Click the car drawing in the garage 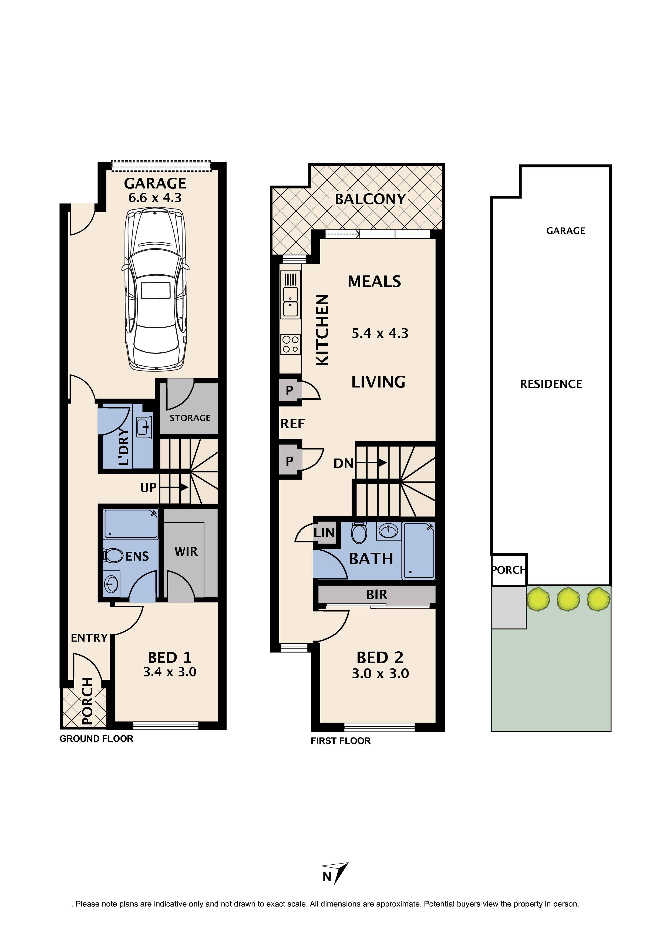(x=156, y=289)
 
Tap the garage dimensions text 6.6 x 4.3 (x=155, y=198)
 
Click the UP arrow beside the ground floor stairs (x=174, y=487)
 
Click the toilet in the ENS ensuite (x=113, y=555)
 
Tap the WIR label (x=186, y=551)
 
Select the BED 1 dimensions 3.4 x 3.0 (x=170, y=672)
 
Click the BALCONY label (x=370, y=199)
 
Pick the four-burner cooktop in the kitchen (x=291, y=344)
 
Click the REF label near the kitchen (x=292, y=424)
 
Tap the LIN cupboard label (x=324, y=533)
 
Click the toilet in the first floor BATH (x=359, y=533)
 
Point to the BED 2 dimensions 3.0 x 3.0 (x=380, y=673)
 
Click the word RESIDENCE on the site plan (x=551, y=384)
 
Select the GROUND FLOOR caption (x=96, y=739)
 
